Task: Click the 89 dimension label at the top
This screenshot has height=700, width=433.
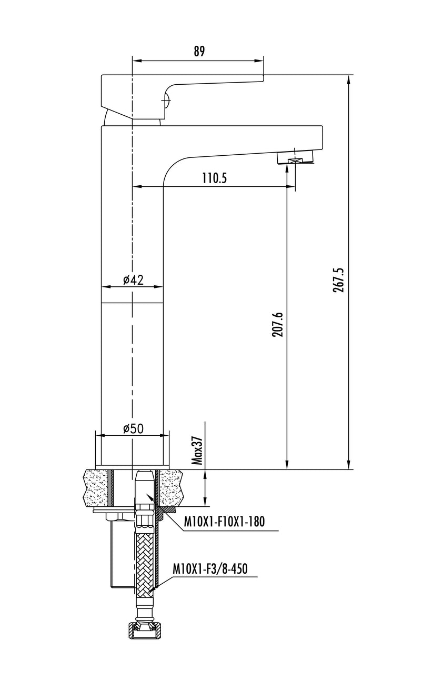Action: click(199, 51)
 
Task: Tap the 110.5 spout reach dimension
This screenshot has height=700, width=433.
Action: click(214, 178)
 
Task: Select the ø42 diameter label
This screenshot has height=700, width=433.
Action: click(134, 280)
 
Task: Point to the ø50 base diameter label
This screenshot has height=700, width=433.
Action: click(134, 428)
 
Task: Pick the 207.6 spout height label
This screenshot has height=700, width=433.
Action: click(277, 324)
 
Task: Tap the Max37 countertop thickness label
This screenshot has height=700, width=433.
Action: click(197, 451)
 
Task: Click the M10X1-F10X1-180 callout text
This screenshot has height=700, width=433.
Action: click(224, 521)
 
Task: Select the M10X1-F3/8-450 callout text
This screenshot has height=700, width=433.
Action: click(210, 569)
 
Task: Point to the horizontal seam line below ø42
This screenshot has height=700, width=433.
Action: click(133, 303)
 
